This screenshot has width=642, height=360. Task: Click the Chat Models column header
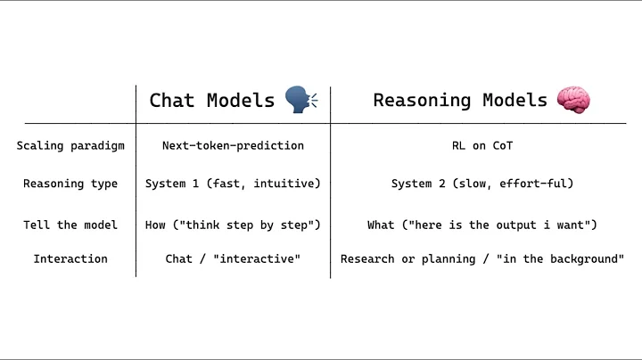tap(211, 100)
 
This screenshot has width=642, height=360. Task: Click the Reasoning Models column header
tap(460, 100)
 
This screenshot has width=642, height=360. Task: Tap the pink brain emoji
tap(573, 99)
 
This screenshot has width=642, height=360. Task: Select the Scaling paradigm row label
tap(70, 145)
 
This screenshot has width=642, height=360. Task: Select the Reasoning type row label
tap(70, 184)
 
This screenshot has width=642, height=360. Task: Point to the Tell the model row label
tap(70, 225)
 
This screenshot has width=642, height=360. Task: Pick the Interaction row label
tap(70, 258)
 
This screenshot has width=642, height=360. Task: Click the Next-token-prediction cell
tap(233, 145)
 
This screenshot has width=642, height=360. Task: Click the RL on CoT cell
tap(482, 145)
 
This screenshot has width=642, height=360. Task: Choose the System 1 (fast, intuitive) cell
tap(233, 184)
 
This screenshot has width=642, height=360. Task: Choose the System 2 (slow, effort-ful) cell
tap(482, 184)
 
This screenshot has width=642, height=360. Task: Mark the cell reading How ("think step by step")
tap(233, 225)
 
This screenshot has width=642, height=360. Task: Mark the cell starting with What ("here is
tap(482, 225)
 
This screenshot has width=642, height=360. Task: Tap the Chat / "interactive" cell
tap(233, 258)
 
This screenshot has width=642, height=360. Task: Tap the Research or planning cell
tap(482, 258)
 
